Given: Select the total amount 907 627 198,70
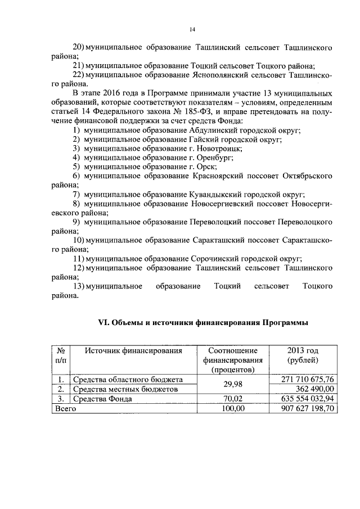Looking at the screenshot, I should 308,409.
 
